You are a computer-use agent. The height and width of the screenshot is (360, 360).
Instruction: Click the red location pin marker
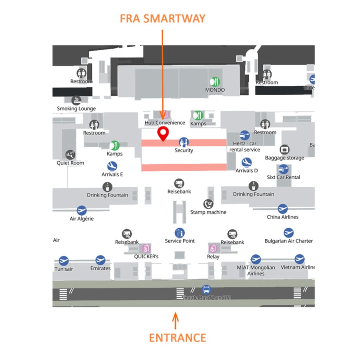tap(162, 134)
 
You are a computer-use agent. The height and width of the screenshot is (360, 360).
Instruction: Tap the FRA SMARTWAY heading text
tap(162, 18)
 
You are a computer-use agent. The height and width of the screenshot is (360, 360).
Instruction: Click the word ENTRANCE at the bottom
tap(178, 337)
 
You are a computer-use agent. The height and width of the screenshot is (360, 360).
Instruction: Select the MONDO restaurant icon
tap(215, 82)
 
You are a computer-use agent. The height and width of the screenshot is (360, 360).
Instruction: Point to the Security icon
tap(184, 142)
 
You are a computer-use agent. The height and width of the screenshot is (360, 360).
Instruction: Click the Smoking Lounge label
tap(76, 108)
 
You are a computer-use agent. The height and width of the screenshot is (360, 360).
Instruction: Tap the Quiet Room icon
tap(70, 155)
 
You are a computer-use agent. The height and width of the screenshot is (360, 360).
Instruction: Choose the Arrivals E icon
tap(112, 166)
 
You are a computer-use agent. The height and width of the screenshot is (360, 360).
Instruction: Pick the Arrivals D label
tap(246, 170)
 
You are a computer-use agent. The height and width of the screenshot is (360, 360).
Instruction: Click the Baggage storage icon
tap(284, 150)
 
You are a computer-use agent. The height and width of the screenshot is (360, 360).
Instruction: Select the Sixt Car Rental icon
tap(283, 169)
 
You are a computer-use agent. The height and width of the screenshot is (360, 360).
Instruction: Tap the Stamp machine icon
tap(208, 204)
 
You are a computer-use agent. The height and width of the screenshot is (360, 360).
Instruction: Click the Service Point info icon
tap(180, 232)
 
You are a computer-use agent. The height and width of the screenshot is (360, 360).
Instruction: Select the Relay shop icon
tap(213, 248)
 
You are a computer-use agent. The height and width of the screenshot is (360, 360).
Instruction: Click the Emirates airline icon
tap(100, 260)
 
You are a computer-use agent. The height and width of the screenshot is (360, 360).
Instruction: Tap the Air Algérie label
tap(82, 219)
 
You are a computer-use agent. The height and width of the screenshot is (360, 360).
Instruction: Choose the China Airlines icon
tap(283, 208)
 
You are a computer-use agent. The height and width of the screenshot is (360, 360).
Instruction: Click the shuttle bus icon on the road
tap(206, 289)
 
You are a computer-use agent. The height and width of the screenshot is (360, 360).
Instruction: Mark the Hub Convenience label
tap(165, 123)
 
